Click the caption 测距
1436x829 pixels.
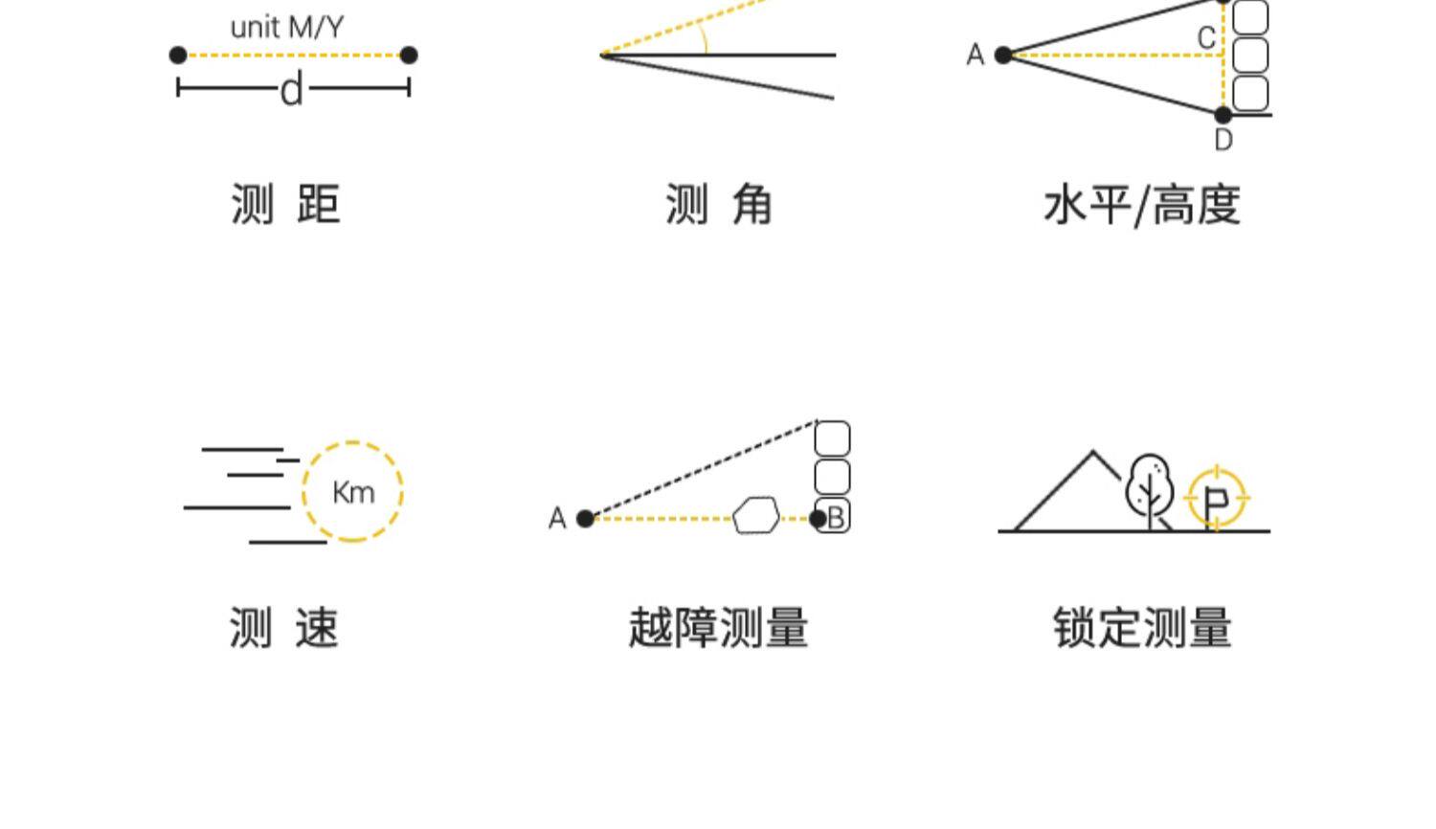[x=285, y=205]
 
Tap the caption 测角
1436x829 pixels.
[x=718, y=205]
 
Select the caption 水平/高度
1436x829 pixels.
[x=1142, y=205]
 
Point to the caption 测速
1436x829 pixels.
[x=283, y=629]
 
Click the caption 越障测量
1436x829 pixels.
[x=718, y=629]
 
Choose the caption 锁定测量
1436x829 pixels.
[x=1142, y=629]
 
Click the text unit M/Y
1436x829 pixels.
[x=286, y=27]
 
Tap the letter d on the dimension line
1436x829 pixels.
[x=292, y=91]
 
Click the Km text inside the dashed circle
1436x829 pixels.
[x=353, y=493]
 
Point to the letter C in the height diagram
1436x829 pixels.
[x=1206, y=38]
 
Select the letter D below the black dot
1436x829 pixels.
[x=1223, y=141]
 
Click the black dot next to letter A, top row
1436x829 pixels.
[x=1003, y=56]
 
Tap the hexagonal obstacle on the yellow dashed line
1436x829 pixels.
[x=756, y=515]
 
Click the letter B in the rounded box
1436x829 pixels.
[x=836, y=518]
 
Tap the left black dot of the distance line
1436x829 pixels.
[x=178, y=56]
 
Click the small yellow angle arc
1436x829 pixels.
[x=704, y=38]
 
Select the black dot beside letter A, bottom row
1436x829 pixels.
[x=586, y=519]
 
